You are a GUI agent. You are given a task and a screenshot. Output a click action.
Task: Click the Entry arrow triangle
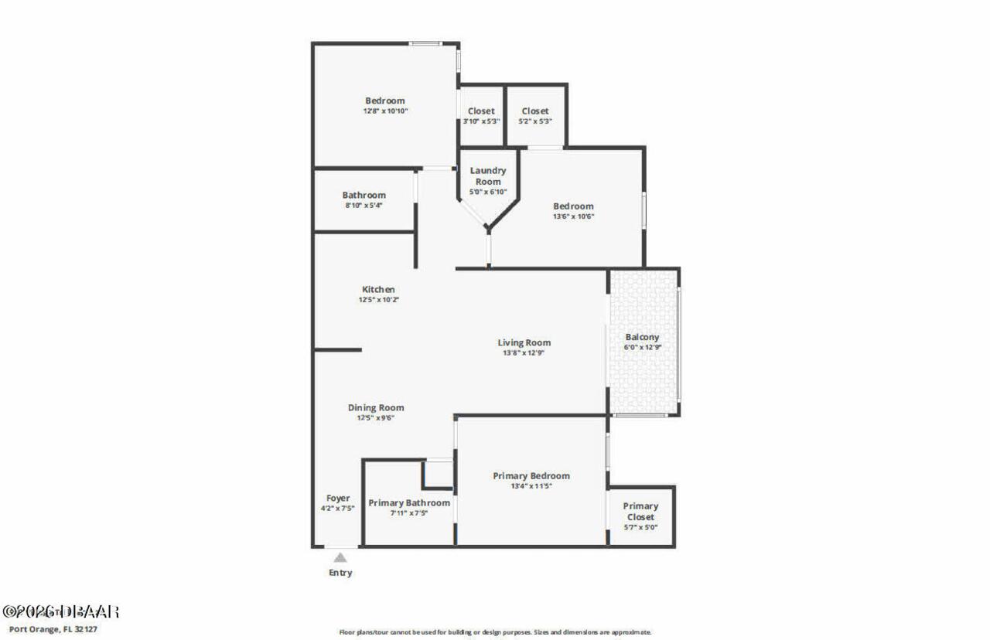[340, 557]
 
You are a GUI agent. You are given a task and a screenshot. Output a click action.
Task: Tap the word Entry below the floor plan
[340, 573]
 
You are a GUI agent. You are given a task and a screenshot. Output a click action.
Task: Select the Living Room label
[524, 342]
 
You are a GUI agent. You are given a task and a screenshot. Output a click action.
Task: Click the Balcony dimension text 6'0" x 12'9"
[642, 348]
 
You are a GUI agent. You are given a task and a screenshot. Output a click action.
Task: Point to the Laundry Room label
[488, 175]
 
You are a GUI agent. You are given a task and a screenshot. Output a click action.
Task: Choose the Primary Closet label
[640, 512]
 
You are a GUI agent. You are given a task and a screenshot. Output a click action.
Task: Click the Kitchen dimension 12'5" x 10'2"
[378, 300]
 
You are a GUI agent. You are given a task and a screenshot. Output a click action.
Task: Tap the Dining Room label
[376, 407]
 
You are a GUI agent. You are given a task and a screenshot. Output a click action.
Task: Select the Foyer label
[338, 499]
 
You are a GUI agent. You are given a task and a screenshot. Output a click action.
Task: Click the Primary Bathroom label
[408, 503]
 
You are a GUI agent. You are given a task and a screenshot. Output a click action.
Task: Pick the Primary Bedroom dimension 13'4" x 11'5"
[531, 486]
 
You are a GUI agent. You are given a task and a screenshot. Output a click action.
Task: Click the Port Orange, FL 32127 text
[53, 628]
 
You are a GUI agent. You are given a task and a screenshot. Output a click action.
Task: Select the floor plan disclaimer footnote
[495, 631]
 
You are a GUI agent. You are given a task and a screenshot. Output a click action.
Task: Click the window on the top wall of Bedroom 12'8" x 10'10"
[425, 43]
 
